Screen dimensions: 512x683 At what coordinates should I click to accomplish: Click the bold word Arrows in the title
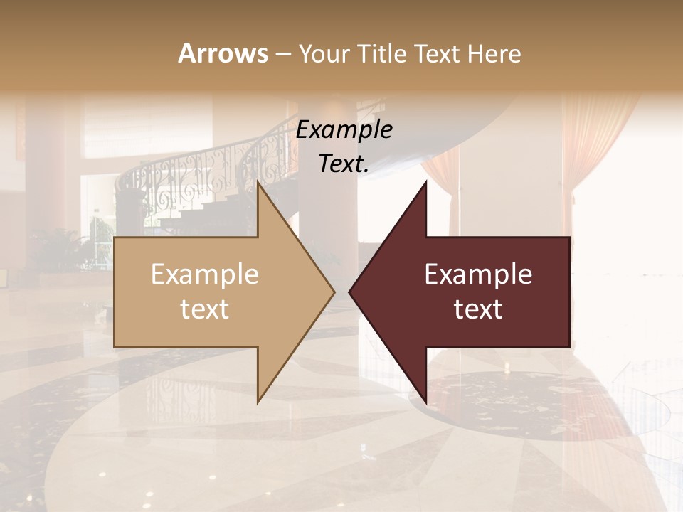point(223,53)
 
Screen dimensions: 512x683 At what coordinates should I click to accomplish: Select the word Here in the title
point(494,54)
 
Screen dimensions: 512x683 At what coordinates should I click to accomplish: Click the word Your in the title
point(324,54)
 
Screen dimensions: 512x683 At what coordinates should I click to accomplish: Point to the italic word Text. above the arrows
point(344,164)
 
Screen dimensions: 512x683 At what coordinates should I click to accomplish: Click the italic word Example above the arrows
point(344,130)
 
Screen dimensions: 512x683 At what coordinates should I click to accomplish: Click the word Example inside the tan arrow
point(205,274)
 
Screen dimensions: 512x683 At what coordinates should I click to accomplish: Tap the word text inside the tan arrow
point(205,309)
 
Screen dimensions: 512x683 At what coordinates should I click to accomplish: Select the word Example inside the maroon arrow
point(478,274)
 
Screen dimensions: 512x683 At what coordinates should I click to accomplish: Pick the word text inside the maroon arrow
point(478,309)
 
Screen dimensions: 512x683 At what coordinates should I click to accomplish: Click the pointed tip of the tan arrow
point(334,292)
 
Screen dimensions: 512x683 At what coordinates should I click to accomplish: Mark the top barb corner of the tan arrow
point(258,182)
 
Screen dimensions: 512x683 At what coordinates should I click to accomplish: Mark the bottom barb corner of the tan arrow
point(258,402)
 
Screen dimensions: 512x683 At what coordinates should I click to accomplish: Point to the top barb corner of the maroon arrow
point(425,182)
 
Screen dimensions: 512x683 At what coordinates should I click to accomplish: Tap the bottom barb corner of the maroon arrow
point(425,402)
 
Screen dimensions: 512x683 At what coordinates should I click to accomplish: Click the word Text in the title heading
point(438,54)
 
